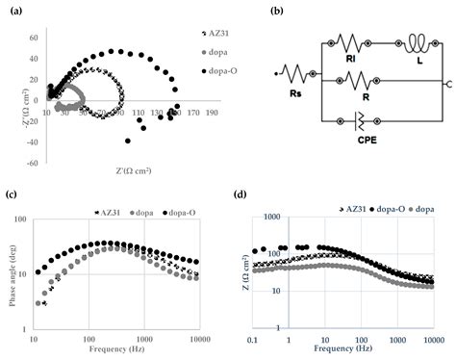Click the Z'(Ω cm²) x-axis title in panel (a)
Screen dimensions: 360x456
tap(110, 144)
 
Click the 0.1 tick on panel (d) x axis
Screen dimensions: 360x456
tap(252, 340)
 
